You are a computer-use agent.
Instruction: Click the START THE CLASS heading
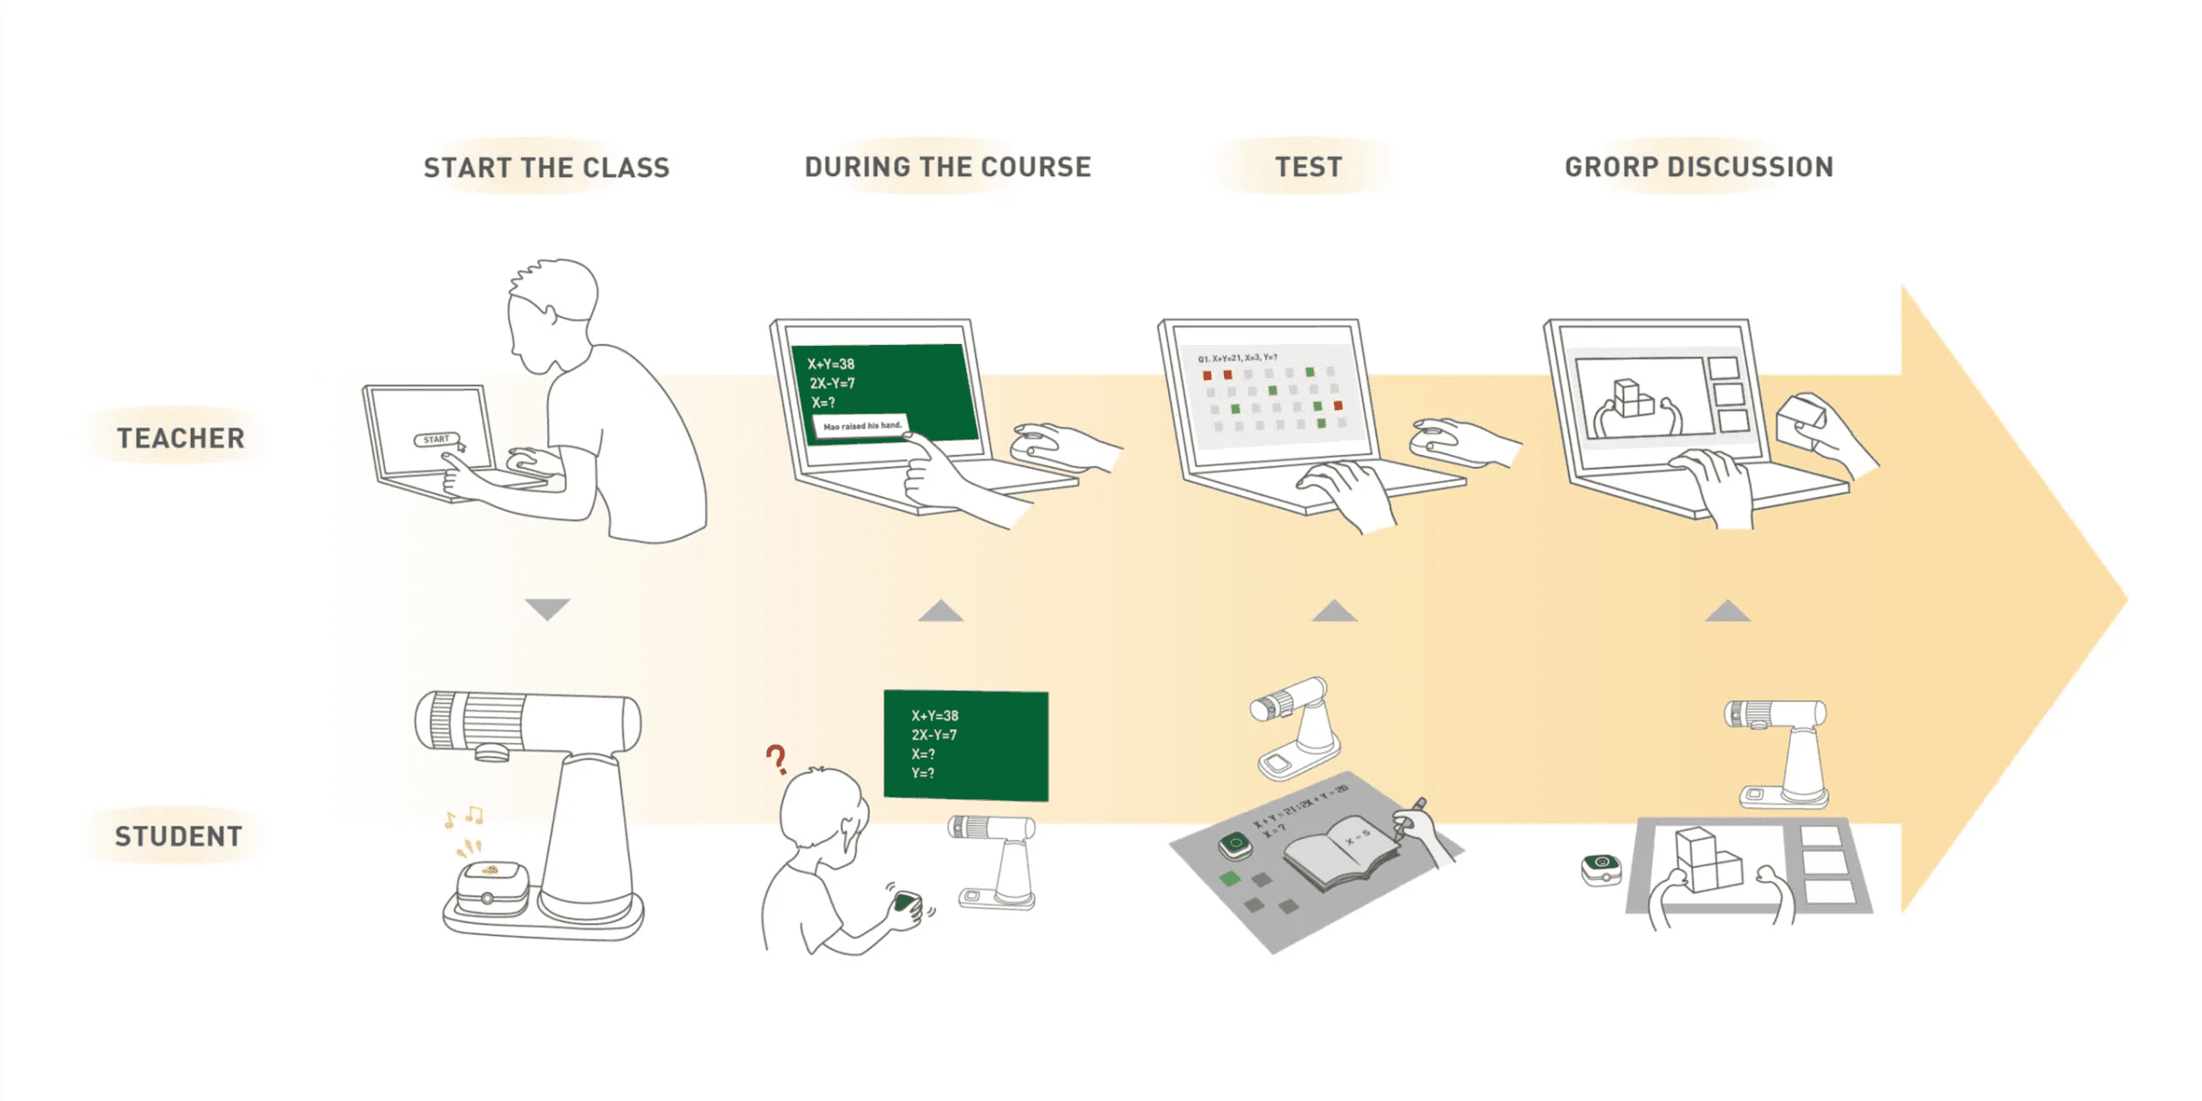(x=547, y=168)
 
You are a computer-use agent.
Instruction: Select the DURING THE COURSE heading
(x=948, y=167)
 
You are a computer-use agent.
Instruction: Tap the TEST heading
(x=1308, y=167)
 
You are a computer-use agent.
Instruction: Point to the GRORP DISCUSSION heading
(x=1699, y=167)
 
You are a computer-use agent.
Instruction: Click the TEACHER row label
(x=181, y=439)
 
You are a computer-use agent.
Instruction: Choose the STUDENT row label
(x=179, y=837)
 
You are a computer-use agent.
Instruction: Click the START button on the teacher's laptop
(x=436, y=439)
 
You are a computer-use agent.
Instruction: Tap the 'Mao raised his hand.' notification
(x=862, y=427)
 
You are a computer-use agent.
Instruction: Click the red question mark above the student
(x=776, y=759)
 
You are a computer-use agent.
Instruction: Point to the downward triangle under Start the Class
(x=548, y=608)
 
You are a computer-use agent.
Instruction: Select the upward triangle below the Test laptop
(x=1334, y=611)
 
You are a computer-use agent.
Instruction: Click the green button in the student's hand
(x=906, y=901)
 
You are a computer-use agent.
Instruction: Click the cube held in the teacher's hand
(x=1801, y=421)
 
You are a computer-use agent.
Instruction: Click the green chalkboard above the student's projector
(x=965, y=745)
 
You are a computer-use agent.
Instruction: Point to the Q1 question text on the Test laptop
(x=1238, y=358)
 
